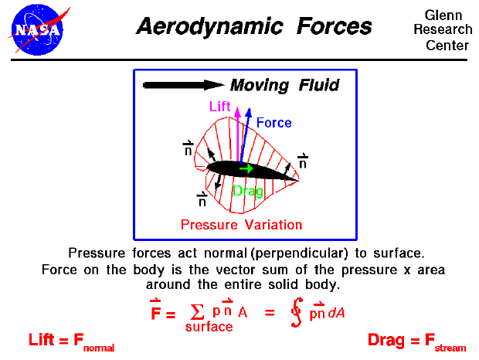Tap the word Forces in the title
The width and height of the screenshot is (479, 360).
click(337, 27)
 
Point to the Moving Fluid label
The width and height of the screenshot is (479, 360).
click(284, 85)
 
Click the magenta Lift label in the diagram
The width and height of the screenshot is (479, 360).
click(220, 107)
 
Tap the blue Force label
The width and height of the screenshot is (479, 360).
click(273, 122)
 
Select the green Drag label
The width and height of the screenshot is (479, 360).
click(248, 191)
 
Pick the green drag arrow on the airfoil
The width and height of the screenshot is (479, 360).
click(246, 168)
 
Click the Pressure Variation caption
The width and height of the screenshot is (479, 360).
click(241, 225)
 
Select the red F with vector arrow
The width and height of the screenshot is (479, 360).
click(155, 312)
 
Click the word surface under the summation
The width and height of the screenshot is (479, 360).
click(209, 327)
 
